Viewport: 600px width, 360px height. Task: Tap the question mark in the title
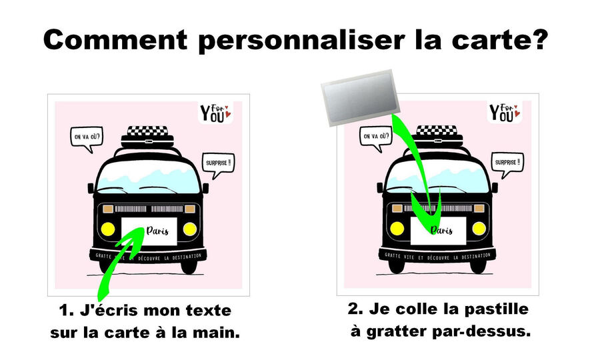pyautogui.click(x=539, y=39)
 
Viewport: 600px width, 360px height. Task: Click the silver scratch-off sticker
pyautogui.click(x=361, y=98)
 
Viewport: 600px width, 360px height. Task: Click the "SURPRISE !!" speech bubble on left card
pyautogui.click(x=218, y=165)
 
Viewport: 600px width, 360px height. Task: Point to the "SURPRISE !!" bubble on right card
pyautogui.click(x=507, y=165)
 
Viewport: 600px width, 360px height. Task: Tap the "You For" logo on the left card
pyautogui.click(x=216, y=113)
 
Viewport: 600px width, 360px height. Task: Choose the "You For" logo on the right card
pyautogui.click(x=505, y=113)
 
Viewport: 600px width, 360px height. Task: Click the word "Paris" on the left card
pyautogui.click(x=157, y=231)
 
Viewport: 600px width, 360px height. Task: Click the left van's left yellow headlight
pyautogui.click(x=108, y=229)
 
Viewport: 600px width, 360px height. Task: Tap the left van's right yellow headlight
pyautogui.click(x=190, y=229)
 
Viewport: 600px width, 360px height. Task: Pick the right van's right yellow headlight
pyautogui.click(x=479, y=229)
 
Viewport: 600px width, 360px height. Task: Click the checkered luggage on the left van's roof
pyautogui.click(x=147, y=131)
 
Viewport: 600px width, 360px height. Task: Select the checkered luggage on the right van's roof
pyautogui.click(x=437, y=130)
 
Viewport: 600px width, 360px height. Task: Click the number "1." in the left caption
pyautogui.click(x=66, y=311)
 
